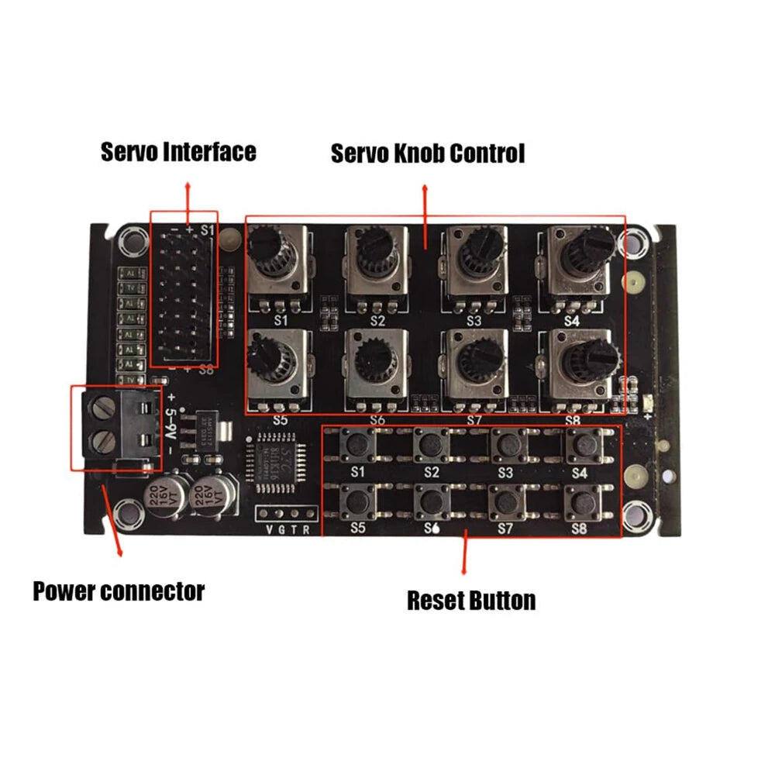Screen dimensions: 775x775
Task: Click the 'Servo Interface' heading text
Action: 178,152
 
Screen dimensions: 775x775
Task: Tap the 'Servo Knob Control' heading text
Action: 428,153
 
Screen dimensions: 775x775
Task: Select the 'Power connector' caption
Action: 119,592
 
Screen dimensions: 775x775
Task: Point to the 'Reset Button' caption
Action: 471,601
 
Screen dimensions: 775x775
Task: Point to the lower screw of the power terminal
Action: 104,443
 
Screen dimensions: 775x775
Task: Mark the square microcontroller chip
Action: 277,466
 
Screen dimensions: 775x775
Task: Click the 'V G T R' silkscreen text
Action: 287,530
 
